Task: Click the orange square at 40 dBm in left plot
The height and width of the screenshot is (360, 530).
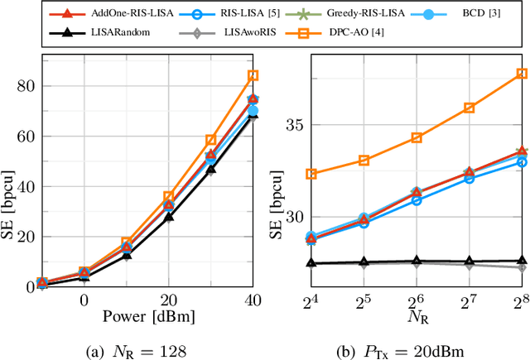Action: tap(253, 75)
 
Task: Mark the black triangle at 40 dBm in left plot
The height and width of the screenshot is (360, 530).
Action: tap(253, 115)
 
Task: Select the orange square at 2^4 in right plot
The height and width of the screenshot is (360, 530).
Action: tap(311, 174)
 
